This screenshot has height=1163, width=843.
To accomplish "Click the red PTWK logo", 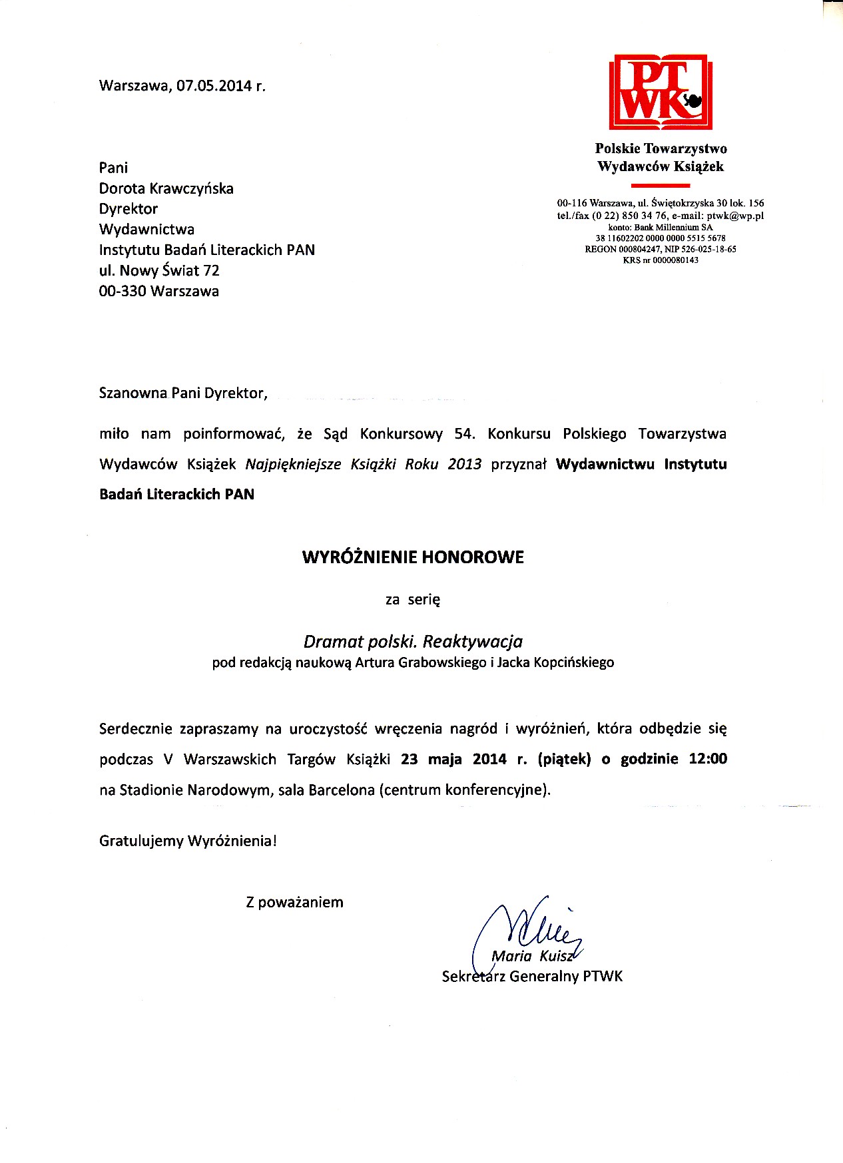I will point(661,93).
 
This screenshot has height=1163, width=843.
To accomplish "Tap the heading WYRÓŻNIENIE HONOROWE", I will point(413,557).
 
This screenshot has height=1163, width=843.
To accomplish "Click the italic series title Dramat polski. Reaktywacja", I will point(413,641).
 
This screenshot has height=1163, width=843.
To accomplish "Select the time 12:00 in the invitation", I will point(708,759).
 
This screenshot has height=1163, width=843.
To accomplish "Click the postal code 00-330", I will point(123,291).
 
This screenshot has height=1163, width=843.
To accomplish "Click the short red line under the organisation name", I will point(660,186).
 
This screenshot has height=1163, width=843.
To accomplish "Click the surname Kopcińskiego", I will point(574,662).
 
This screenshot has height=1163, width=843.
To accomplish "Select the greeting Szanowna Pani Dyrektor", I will point(183,393).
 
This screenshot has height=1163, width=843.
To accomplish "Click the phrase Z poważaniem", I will point(294,902).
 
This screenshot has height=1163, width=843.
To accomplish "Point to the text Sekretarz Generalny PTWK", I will point(532,977).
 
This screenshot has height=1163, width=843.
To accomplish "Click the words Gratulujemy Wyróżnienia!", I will point(188,841).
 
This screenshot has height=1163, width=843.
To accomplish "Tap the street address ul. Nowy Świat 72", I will point(159,270).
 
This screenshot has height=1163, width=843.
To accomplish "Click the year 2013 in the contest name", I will point(464,464).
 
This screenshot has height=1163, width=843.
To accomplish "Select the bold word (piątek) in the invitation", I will point(564,759).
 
